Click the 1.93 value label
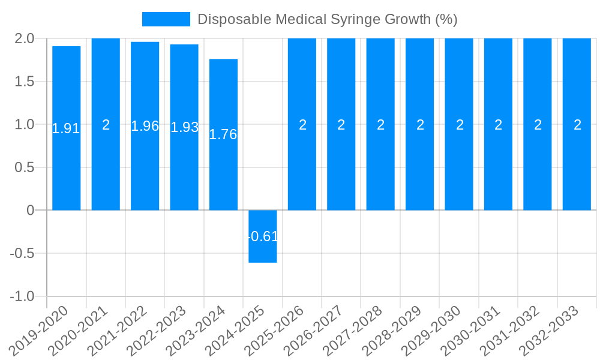[x=184, y=127]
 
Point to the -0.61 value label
[x=263, y=236]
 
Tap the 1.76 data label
[x=223, y=134]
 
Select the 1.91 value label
[x=66, y=128]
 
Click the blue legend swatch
[x=166, y=19]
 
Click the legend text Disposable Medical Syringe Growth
[x=327, y=19]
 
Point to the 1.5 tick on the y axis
[x=25, y=82]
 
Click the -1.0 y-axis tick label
[x=22, y=296]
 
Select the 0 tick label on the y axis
[x=31, y=210]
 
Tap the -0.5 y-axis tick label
[x=22, y=253]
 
